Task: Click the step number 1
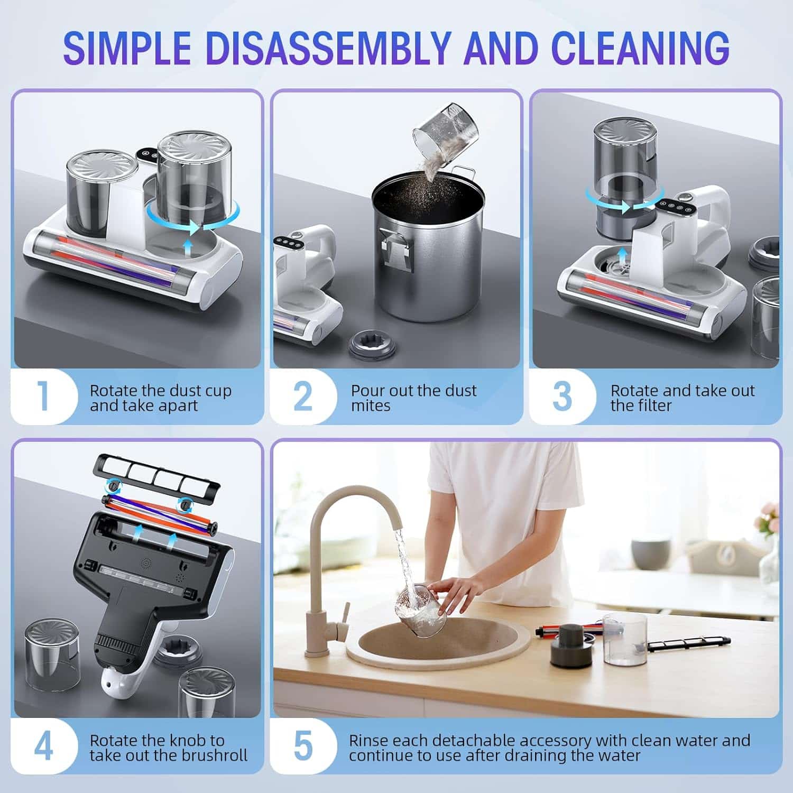[44, 396]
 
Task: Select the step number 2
[303, 396]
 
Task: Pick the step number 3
[562, 396]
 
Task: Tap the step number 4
[44, 746]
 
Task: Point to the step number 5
[303, 746]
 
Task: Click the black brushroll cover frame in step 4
[156, 473]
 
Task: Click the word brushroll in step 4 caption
[214, 755]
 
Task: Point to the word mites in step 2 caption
[370, 406]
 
